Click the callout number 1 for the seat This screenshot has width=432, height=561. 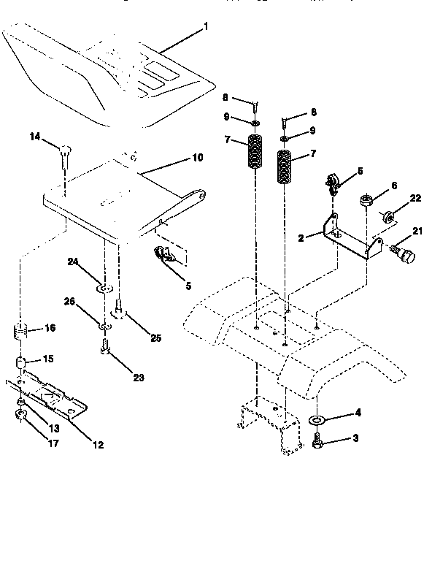click(x=207, y=27)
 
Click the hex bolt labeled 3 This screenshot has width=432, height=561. click(x=319, y=443)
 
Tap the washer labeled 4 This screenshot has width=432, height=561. click(x=319, y=421)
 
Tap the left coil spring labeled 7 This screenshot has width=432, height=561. click(x=255, y=155)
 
